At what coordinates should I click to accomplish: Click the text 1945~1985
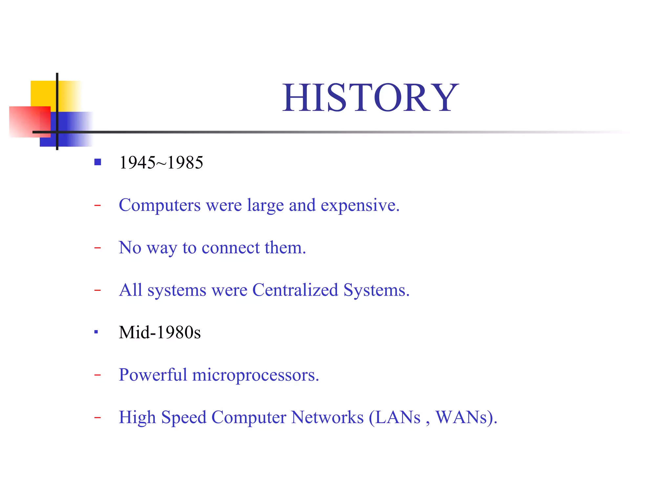[x=161, y=163]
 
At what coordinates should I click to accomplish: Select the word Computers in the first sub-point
[x=159, y=205]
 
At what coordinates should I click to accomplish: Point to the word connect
[x=231, y=248]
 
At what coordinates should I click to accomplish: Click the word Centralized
[x=295, y=290]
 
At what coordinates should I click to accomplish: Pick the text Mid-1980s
[x=160, y=332]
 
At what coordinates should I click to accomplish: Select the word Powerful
[x=153, y=375]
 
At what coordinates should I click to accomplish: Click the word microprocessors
[x=255, y=375]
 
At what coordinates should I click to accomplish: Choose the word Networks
[x=327, y=417]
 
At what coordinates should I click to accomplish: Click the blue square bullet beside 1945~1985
[x=97, y=162]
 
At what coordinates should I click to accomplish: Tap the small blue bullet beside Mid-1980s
[x=96, y=332]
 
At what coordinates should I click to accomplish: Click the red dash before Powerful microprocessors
[x=97, y=375]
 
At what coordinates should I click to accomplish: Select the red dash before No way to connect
[x=97, y=248]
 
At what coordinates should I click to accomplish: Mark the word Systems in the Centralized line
[x=376, y=290]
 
